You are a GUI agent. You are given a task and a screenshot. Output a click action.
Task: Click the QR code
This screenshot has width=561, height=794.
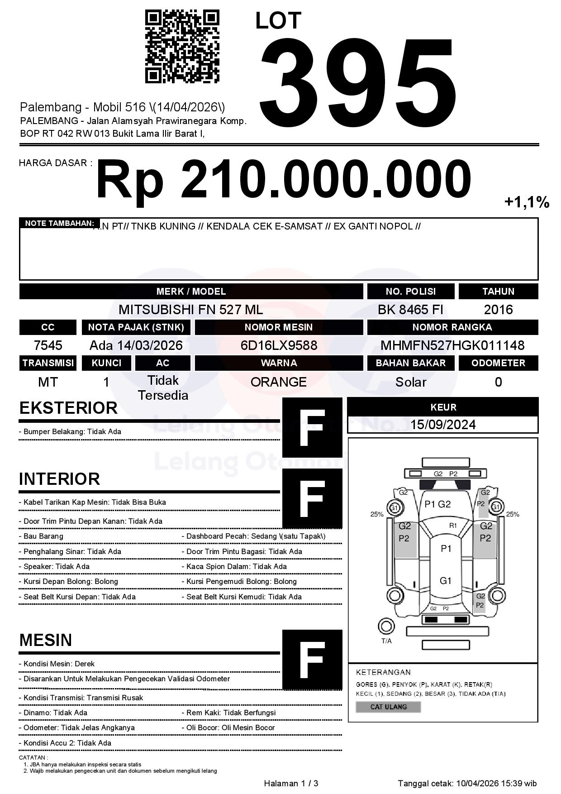click(x=182, y=47)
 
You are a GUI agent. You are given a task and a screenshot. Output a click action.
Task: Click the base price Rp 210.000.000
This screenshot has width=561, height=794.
click(x=283, y=180)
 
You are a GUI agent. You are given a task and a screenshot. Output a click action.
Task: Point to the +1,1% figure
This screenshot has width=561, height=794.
click(x=527, y=202)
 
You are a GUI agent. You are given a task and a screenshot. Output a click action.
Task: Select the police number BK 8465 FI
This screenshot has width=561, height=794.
click(x=410, y=310)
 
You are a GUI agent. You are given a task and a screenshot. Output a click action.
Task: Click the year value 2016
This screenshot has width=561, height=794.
click(x=498, y=310)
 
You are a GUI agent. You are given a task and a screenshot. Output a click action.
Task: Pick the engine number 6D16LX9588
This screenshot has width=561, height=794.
click(x=279, y=345)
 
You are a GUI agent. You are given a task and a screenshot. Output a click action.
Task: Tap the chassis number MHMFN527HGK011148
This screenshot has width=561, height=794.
click(x=452, y=345)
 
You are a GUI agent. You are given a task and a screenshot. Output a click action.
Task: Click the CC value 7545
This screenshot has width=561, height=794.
click(x=48, y=345)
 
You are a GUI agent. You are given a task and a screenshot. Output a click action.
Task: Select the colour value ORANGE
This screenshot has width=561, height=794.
click(x=279, y=382)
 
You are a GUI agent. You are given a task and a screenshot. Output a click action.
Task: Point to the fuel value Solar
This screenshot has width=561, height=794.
click(x=410, y=382)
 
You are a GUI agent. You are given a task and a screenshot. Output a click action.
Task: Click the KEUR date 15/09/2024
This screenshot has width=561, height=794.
click(x=443, y=425)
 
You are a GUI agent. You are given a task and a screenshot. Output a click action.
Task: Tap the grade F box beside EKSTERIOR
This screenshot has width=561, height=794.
click(x=312, y=427)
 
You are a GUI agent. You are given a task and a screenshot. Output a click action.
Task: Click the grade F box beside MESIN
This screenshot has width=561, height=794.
click(x=312, y=660)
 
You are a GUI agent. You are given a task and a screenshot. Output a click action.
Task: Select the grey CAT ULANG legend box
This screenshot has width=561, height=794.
click(x=388, y=707)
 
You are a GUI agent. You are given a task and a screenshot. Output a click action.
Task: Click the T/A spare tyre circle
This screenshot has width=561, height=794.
click(x=386, y=627)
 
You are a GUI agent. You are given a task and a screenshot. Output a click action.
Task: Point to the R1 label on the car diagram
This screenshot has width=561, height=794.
click(x=453, y=526)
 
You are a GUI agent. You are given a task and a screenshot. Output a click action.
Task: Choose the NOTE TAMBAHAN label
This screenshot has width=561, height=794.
click(x=59, y=223)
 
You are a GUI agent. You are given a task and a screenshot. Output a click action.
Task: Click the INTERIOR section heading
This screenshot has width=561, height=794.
click(x=59, y=479)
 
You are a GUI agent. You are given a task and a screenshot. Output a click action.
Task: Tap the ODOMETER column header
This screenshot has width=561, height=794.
click(x=498, y=363)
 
